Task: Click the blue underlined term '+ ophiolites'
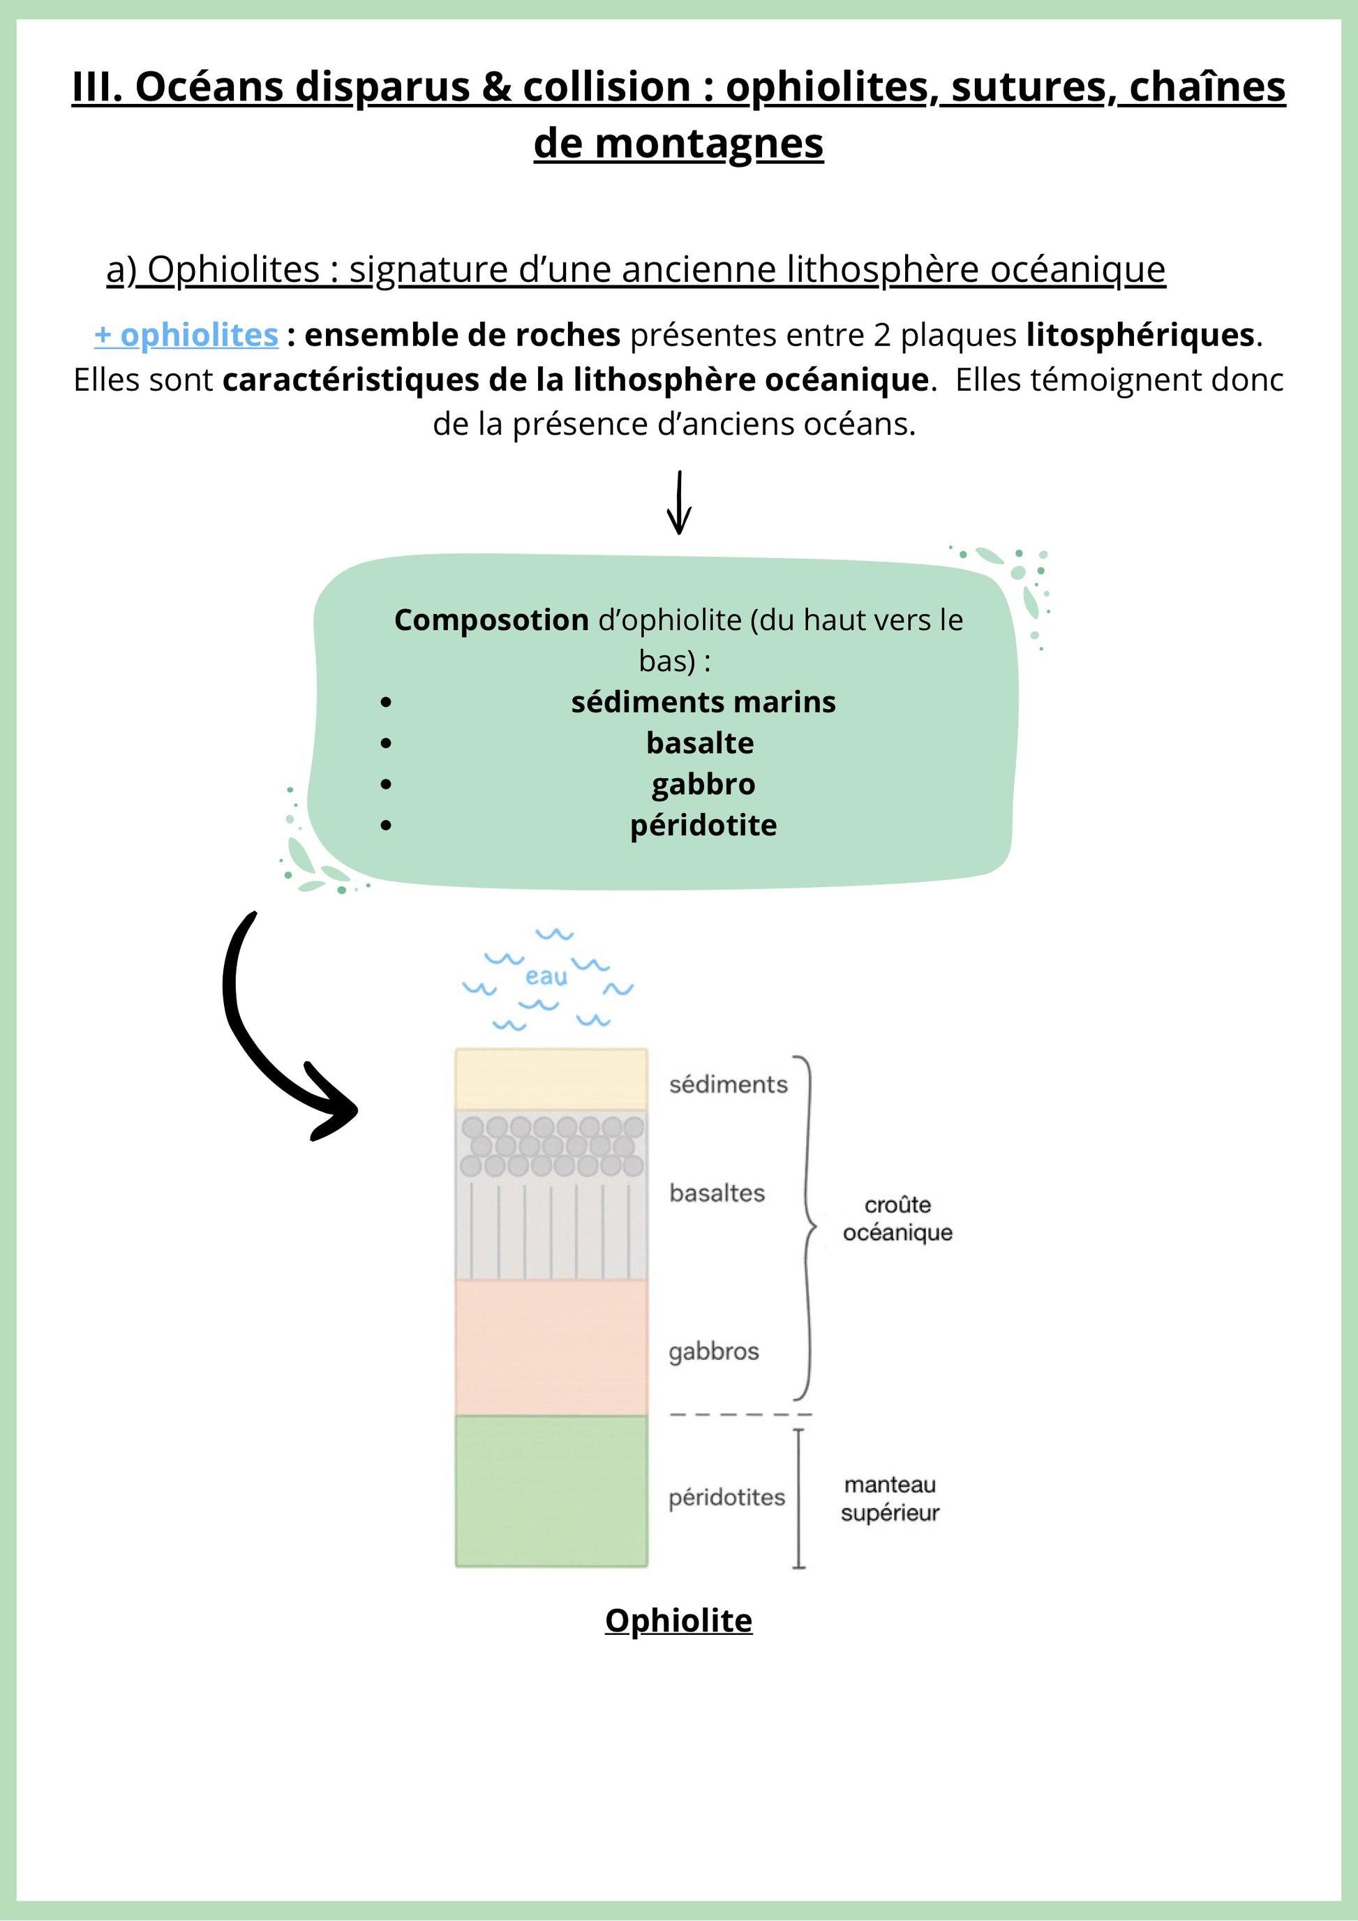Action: (x=186, y=336)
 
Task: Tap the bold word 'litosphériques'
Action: (x=1140, y=336)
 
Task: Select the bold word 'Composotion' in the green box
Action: (x=491, y=620)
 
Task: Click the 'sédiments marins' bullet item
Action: (x=703, y=702)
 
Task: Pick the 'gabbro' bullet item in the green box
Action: (x=703, y=784)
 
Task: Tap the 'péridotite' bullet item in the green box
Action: (x=703, y=825)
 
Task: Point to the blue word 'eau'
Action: (x=546, y=976)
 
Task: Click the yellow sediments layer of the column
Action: (x=551, y=1079)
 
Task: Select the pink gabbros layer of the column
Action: (x=551, y=1347)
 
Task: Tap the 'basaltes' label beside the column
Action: (x=717, y=1193)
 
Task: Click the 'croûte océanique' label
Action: (x=897, y=1218)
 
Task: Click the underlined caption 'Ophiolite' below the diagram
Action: (x=678, y=1621)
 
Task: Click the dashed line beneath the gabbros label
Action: (x=740, y=1414)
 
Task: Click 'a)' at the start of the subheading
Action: (x=121, y=270)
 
